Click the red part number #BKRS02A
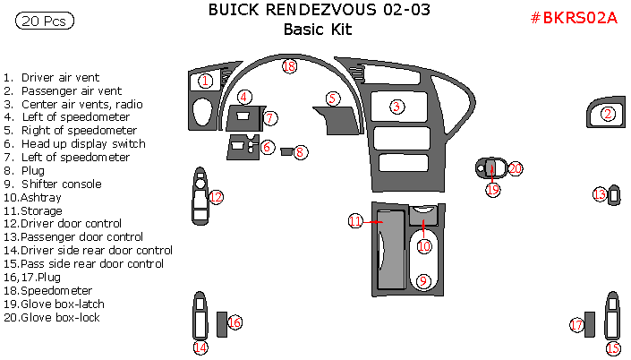(575, 17)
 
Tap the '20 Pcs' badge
(45, 20)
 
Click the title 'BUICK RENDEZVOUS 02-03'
(318, 10)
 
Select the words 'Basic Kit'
(318, 29)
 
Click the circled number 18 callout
(289, 66)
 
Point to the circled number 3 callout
(396, 107)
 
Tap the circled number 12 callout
(216, 197)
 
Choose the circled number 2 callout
(609, 114)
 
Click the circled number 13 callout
(601, 193)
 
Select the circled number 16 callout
(235, 322)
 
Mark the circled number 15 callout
(613, 348)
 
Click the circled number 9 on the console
(424, 281)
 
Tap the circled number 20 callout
(516, 167)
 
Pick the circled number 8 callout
(301, 152)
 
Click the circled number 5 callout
(333, 99)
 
